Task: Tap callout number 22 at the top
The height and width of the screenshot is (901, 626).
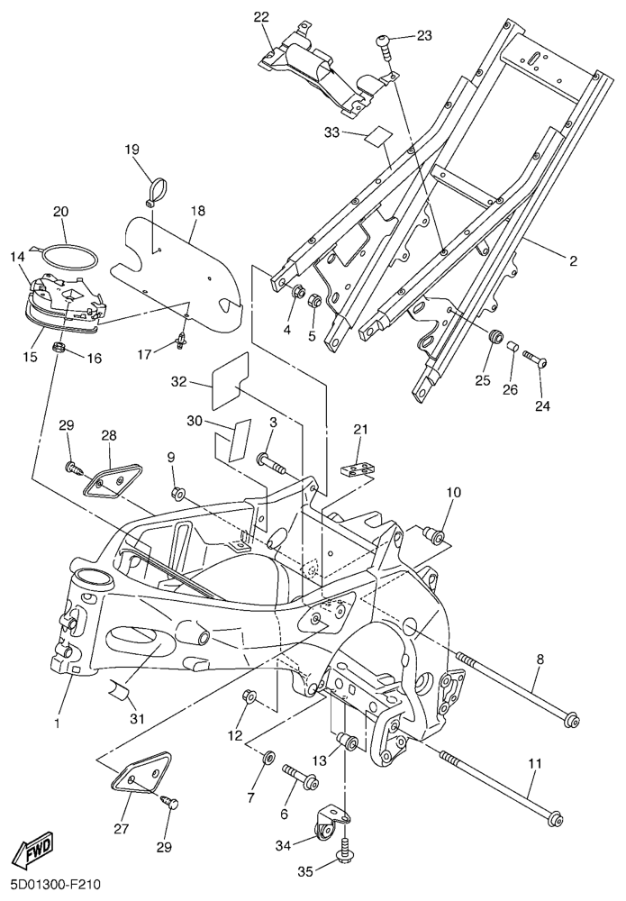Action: tap(261, 17)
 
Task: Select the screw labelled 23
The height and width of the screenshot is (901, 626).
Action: tap(386, 42)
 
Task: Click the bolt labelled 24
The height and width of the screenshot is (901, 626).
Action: tap(536, 360)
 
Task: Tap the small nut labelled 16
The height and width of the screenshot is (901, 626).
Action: tap(59, 348)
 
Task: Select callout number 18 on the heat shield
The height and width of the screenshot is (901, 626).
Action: tap(198, 211)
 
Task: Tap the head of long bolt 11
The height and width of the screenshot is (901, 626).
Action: tap(557, 819)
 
